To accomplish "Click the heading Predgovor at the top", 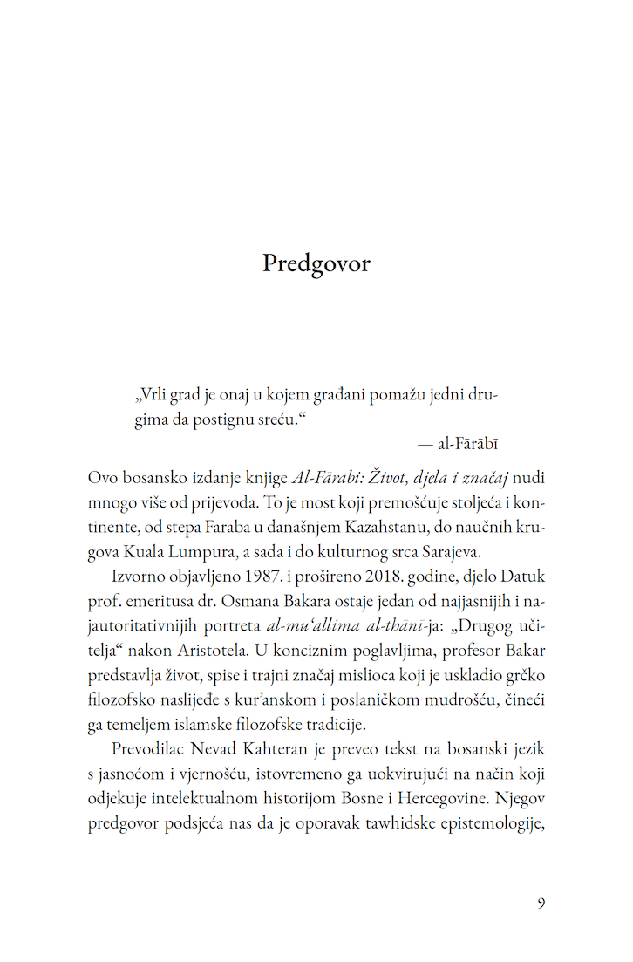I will coord(316,263).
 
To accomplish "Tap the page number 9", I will coord(541,902).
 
